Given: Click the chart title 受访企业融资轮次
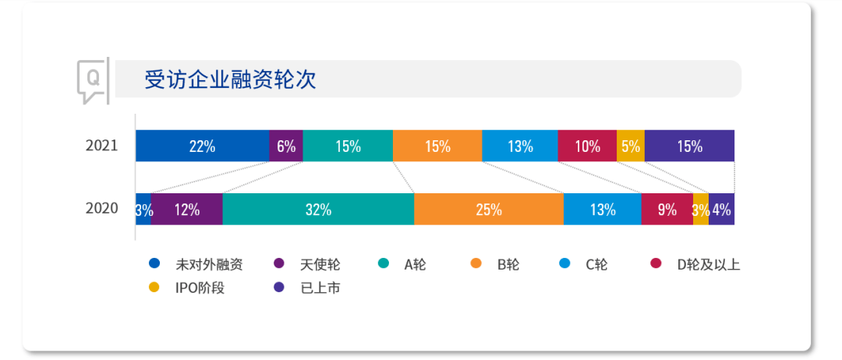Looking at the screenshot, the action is click(230, 79).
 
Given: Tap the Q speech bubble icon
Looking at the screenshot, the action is click(92, 81).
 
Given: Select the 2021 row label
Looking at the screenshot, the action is click(101, 146).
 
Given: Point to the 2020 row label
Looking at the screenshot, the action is click(101, 208).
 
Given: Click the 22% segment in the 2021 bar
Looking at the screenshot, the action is click(203, 146).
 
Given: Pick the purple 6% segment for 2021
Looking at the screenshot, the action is click(286, 146).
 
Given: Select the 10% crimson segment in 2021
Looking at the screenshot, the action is click(588, 146).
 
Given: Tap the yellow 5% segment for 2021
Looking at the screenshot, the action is click(631, 146).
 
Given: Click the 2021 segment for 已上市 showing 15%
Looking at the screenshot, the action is click(689, 146).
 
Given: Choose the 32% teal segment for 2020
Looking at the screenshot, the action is click(318, 209).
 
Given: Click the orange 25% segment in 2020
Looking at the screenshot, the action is click(489, 209).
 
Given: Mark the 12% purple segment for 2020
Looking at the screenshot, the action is click(187, 209).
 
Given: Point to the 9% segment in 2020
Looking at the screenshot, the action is click(667, 209).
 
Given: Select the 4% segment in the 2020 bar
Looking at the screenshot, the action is click(722, 209).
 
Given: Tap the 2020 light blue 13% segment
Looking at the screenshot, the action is click(603, 209).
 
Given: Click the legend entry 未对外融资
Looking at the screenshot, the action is click(196, 264).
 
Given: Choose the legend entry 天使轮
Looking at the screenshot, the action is click(307, 264).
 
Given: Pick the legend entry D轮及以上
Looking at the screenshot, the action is click(695, 264).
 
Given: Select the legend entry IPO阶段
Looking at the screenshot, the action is click(186, 288).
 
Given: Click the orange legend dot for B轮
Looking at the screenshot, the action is click(476, 263).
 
